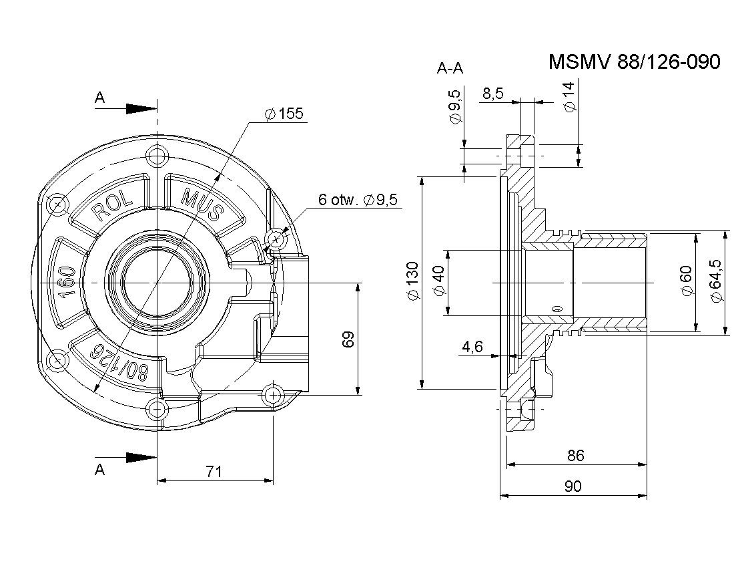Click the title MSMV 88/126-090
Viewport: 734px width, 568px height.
point(635,62)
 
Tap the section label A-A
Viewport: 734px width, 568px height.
point(450,68)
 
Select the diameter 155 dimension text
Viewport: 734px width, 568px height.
point(284,114)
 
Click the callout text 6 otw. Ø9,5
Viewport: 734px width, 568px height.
point(358,200)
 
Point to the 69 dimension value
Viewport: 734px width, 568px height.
point(348,339)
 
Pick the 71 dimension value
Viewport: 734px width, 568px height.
point(214,472)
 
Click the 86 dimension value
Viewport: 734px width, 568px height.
point(575,456)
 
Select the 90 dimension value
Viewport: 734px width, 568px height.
point(573,486)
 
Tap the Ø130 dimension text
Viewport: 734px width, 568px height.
point(412,281)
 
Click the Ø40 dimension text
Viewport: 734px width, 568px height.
point(439,281)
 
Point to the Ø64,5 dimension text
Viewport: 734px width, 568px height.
point(717,281)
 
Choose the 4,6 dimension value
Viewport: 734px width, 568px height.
point(472,347)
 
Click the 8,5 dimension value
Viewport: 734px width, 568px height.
point(493,94)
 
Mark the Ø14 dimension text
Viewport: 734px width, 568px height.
point(569,97)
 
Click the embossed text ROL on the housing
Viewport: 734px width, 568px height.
point(112,206)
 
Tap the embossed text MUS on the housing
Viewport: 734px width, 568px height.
point(202,205)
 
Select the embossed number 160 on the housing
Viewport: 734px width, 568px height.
point(67,281)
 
